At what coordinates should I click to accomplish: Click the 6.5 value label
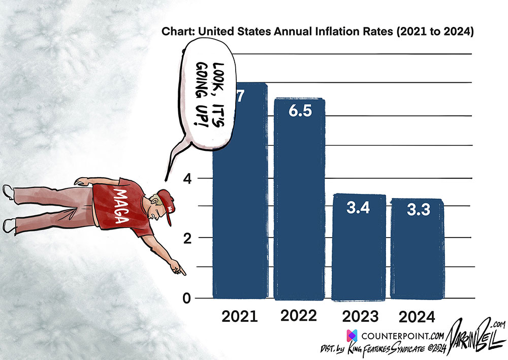tap(299, 113)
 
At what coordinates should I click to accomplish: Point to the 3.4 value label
tap(359, 208)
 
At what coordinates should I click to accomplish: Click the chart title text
tap(317, 32)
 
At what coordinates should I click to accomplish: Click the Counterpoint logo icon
tap(352, 336)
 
